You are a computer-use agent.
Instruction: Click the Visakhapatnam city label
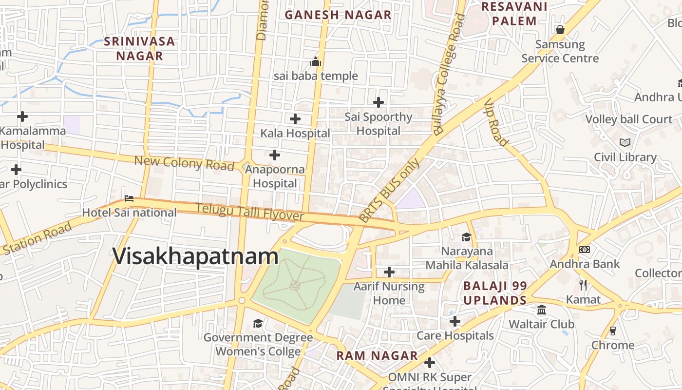tap(196, 256)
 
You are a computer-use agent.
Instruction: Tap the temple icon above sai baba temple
tap(316, 62)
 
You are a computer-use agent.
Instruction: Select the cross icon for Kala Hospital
tap(295, 119)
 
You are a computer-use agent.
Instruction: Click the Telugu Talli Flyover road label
tap(250, 212)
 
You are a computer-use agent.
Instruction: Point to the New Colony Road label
tap(184, 163)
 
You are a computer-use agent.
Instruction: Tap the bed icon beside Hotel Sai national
tap(129, 198)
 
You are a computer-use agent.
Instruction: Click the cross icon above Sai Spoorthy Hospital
tap(379, 102)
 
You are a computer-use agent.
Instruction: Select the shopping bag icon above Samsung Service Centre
tap(560, 30)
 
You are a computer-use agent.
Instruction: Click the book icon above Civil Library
tap(625, 142)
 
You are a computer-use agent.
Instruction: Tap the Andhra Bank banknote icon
tap(585, 250)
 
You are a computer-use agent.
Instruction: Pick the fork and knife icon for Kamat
tap(583, 285)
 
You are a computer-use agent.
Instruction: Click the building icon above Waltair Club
tap(542, 310)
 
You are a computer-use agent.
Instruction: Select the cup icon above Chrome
tap(613, 331)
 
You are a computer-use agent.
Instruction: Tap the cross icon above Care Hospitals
tap(455, 321)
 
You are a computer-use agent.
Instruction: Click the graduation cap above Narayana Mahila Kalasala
tap(467, 237)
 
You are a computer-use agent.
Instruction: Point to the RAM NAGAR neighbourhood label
tap(377, 356)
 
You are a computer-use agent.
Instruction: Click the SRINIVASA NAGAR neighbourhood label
tap(139, 48)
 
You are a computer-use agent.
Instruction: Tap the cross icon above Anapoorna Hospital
tap(275, 155)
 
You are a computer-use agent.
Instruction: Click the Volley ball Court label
tap(628, 119)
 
